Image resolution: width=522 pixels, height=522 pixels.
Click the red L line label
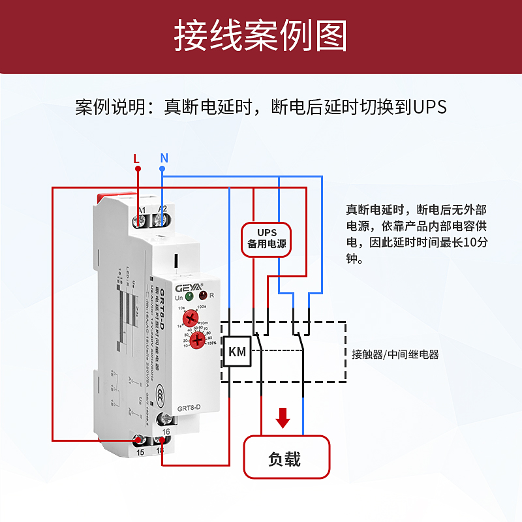click(x=136, y=158)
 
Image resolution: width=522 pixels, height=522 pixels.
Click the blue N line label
click(x=164, y=158)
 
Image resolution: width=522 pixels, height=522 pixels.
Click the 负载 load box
click(x=284, y=458)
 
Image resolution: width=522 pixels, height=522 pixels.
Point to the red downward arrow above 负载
click(x=283, y=418)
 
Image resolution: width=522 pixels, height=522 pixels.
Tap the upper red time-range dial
click(x=191, y=318)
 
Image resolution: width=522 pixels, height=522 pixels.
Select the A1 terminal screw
click(x=140, y=221)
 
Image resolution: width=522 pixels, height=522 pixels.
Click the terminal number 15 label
click(x=140, y=452)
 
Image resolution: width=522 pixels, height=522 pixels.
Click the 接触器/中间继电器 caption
click(x=395, y=354)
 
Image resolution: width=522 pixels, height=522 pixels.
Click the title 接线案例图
click(x=260, y=36)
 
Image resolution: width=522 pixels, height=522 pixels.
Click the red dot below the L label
click(x=138, y=168)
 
